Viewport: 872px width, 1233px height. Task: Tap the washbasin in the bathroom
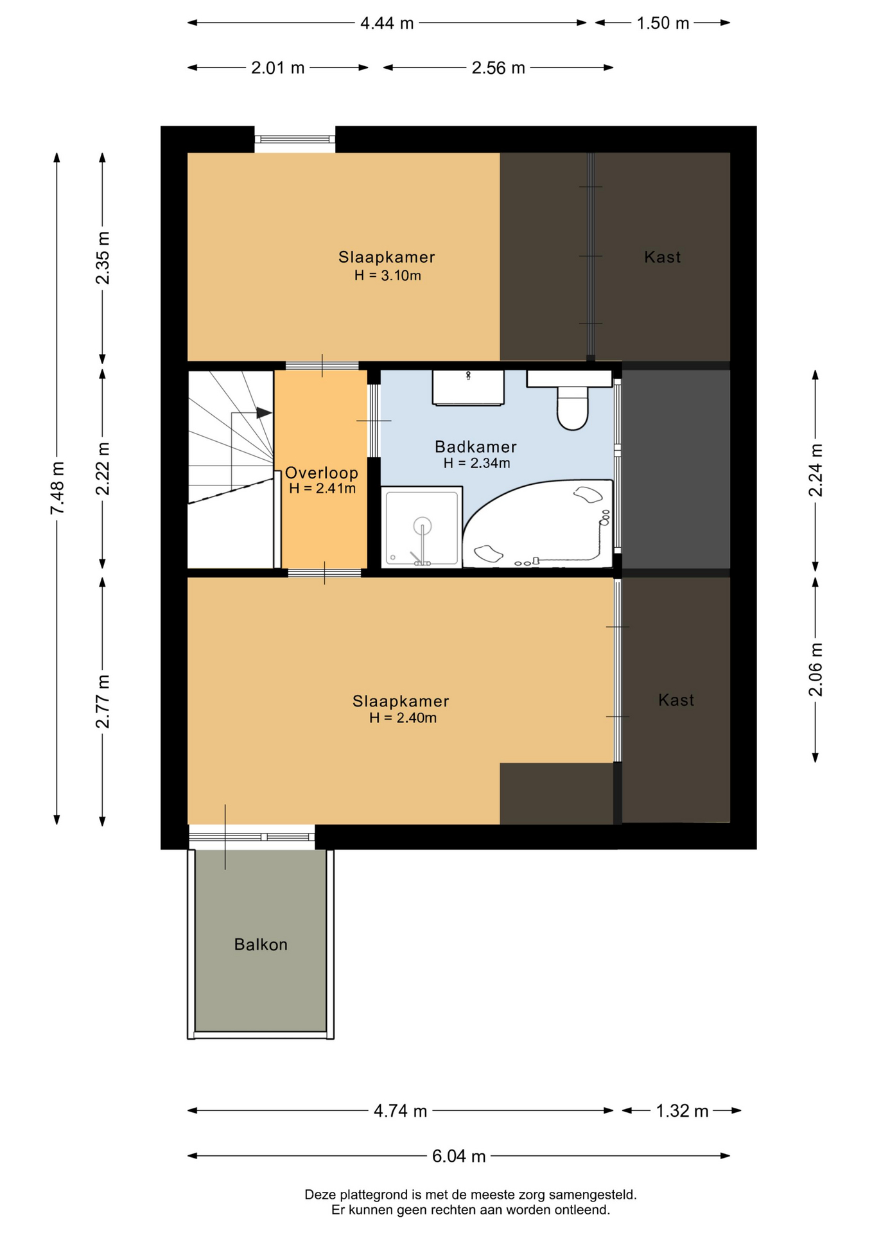[468, 388]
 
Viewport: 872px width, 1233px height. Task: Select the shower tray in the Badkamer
[422, 527]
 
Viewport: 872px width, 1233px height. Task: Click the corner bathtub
[538, 524]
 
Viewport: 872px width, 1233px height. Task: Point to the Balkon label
[261, 945]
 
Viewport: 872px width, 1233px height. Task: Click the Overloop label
[322, 473]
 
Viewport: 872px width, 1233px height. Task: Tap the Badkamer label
[476, 446]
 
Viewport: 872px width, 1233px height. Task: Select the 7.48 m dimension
[57, 488]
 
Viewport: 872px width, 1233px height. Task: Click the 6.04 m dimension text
[458, 1157]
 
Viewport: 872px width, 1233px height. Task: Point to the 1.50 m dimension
[663, 24]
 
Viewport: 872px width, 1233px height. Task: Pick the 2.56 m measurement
[498, 68]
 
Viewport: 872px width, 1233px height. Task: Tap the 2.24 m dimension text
[815, 470]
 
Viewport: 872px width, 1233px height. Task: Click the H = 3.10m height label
[388, 276]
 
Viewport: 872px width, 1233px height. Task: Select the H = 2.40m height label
[403, 718]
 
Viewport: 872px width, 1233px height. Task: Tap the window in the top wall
[295, 139]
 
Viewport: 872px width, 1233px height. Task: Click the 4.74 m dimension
[400, 1111]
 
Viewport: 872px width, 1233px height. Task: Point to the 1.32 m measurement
[682, 1111]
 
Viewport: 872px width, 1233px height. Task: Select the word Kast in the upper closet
[662, 258]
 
